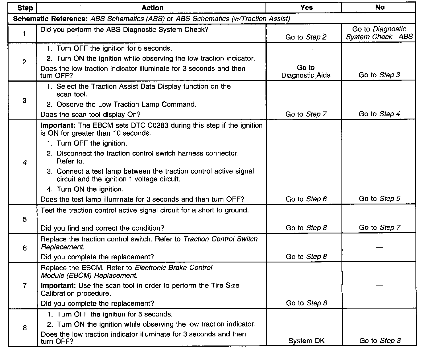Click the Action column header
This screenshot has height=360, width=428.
pyautogui.click(x=153, y=8)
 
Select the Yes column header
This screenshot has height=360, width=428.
pyautogui.click(x=306, y=8)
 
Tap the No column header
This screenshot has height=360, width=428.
pyautogui.click(x=380, y=7)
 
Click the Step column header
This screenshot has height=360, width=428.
pyautogui.click(x=25, y=8)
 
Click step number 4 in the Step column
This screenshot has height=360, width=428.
pyautogui.click(x=25, y=163)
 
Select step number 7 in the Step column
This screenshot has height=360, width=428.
pyautogui.click(x=25, y=285)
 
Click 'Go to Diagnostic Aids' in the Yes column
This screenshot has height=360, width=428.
pyautogui.click(x=306, y=71)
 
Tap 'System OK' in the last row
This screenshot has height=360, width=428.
pyautogui.click(x=306, y=341)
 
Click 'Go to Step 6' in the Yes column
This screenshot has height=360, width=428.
pyautogui.click(x=306, y=199)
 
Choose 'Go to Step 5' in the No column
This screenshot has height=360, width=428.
pyautogui.click(x=379, y=198)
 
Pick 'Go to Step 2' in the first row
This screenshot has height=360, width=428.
pyautogui.click(x=306, y=37)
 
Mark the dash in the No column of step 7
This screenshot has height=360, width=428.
pyautogui.click(x=379, y=285)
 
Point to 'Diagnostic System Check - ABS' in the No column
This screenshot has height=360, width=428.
pyautogui.click(x=379, y=33)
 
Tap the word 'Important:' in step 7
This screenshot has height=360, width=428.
pyautogui.click(x=58, y=285)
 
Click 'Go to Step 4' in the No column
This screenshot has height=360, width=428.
pyautogui.click(x=379, y=114)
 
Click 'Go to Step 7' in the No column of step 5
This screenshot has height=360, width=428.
pyautogui.click(x=379, y=227)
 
